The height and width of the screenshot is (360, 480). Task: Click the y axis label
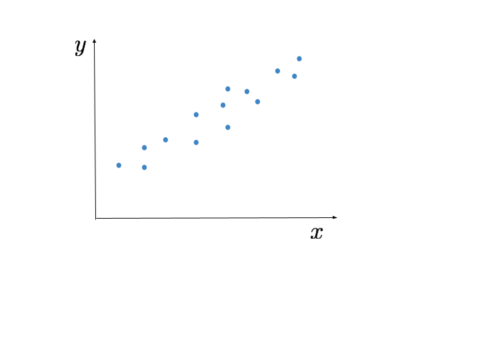[x=80, y=47]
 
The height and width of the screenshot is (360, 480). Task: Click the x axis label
[x=317, y=233]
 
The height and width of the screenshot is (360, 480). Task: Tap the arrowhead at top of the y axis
[x=94, y=41]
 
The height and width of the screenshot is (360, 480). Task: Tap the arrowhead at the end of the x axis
[x=335, y=217]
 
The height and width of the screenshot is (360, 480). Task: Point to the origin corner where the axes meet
[x=95, y=218]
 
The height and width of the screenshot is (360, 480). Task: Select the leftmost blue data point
[x=119, y=165]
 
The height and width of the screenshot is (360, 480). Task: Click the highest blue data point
[x=299, y=59]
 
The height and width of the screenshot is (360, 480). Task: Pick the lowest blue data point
[x=144, y=167]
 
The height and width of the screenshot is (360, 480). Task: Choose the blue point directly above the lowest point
[x=144, y=147]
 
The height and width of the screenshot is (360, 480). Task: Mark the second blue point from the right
[x=294, y=76]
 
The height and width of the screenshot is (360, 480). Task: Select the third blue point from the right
[x=277, y=71]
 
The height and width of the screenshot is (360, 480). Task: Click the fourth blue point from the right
[x=257, y=101]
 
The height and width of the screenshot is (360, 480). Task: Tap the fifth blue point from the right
[x=247, y=91]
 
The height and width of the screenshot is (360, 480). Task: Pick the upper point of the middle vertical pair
[x=196, y=115]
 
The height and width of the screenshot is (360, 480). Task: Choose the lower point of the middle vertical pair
[x=196, y=143]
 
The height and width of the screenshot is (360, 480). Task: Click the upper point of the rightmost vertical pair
[x=228, y=89]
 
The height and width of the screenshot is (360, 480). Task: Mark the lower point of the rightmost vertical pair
[x=228, y=127]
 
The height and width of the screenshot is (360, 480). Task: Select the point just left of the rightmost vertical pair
[x=223, y=105]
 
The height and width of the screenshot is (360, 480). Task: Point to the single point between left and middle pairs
[x=165, y=140]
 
